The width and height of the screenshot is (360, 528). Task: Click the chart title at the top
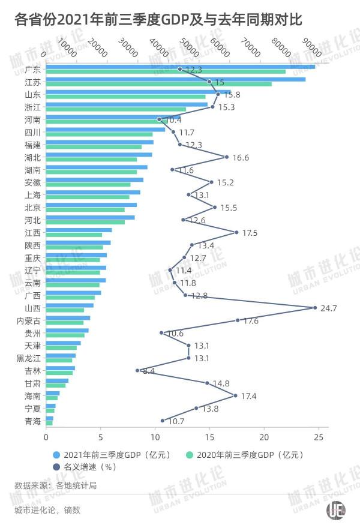pyautogui.click(x=159, y=20)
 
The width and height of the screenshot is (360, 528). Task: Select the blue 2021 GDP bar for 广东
pyautogui.click(x=180, y=67)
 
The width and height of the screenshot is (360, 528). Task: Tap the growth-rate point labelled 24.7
pyautogui.click(x=315, y=308)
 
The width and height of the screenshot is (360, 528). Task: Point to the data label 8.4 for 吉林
pyautogui.click(x=148, y=371)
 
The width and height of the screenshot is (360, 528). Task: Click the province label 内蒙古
pyautogui.click(x=29, y=321)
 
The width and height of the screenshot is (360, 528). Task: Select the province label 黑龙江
pyautogui.click(x=29, y=358)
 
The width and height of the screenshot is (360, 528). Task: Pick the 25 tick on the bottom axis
pyautogui.click(x=318, y=437)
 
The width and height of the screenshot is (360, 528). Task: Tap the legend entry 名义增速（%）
pyautogui.click(x=88, y=466)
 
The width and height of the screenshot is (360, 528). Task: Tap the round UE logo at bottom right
pyautogui.click(x=335, y=509)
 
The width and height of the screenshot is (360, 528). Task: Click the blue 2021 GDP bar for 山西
pyautogui.click(x=70, y=305)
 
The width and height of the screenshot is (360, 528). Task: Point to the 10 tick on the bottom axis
pyautogui.click(x=155, y=437)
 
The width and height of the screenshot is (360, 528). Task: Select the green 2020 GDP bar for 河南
pyautogui.click(x=99, y=122)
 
